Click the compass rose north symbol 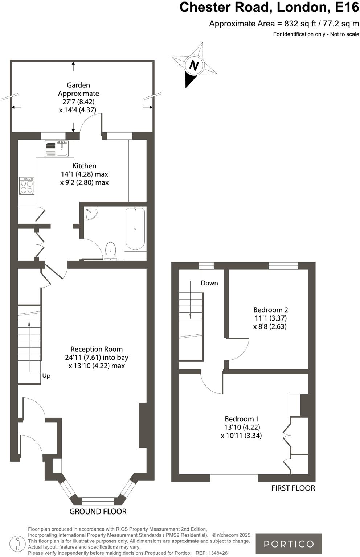[x=194, y=65]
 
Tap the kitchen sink [x=57, y=148]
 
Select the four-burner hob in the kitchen [x=27, y=186]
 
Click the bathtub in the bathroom [x=135, y=228]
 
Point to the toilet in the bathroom [x=111, y=251]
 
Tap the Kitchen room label [x=84, y=166]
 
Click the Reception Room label [x=97, y=349]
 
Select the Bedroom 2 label [x=270, y=310]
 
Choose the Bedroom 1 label [x=242, y=419]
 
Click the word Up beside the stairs [x=46, y=376]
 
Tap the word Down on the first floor [x=209, y=283]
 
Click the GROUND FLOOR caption [x=98, y=512]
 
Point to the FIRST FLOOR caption [x=293, y=488]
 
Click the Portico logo [x=289, y=544]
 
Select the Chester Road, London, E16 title [x=269, y=7]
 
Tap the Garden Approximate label [x=78, y=89]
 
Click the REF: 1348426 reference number [x=212, y=553]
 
